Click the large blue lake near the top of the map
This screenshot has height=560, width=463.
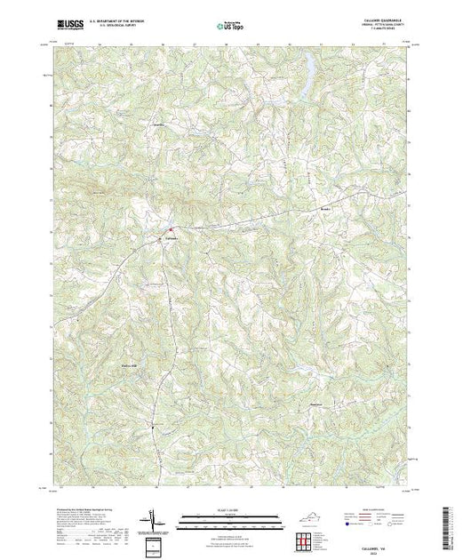tap(307, 68)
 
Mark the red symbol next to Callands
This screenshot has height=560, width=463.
tap(172, 234)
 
